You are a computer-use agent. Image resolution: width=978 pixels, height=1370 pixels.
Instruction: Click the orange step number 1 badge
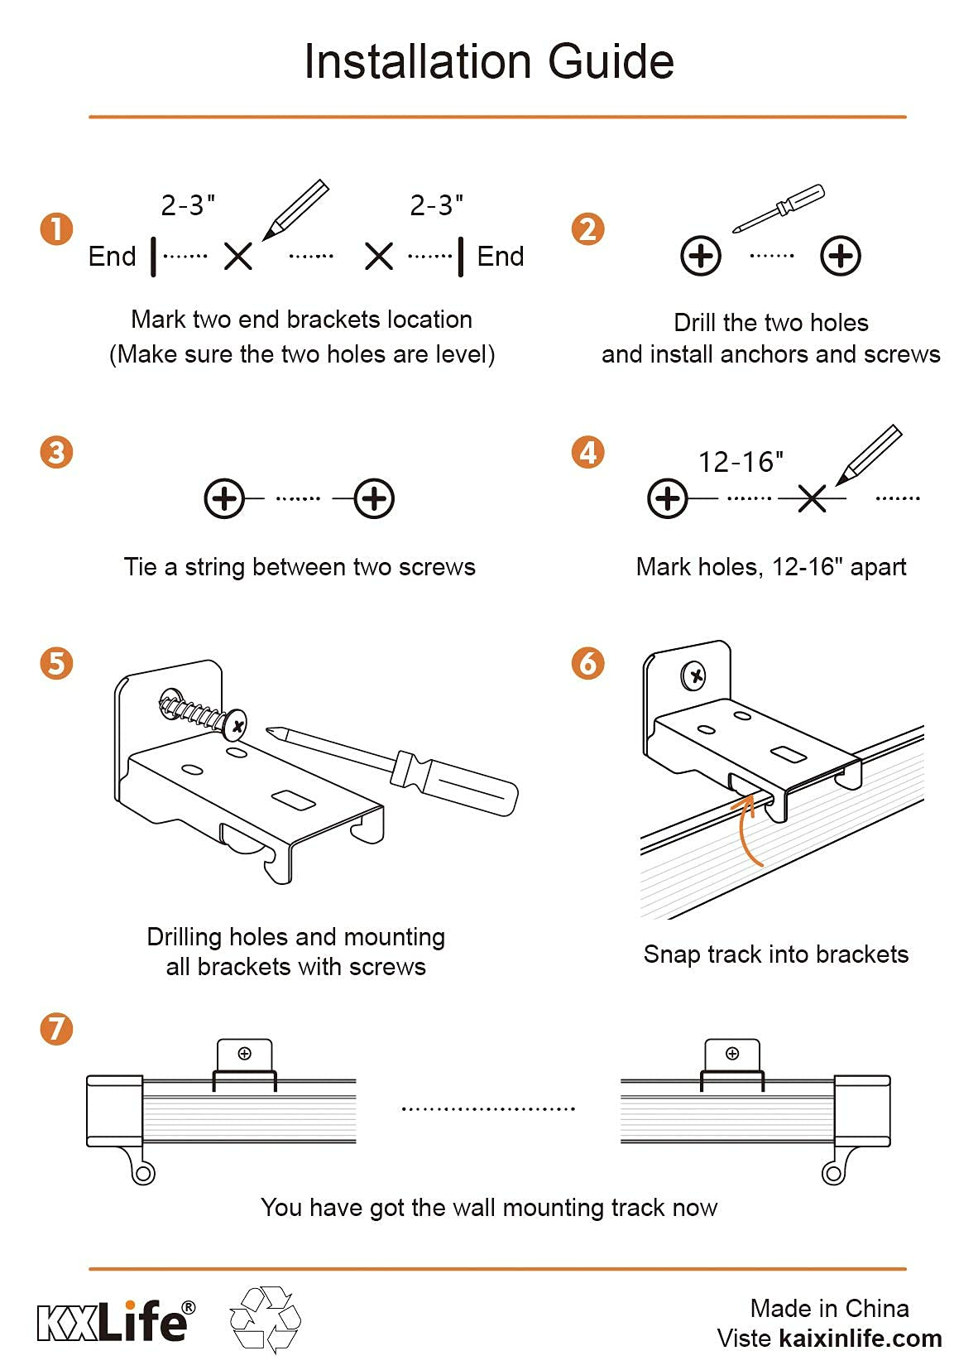coord(56,229)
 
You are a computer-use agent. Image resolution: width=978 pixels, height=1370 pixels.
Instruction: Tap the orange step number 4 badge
coord(587,452)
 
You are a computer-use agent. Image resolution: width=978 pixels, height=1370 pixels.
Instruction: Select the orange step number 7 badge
coord(56,1029)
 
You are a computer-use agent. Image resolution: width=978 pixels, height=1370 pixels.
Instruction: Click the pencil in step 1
coord(295,209)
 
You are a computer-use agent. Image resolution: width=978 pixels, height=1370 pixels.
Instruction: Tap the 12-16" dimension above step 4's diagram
coord(741,462)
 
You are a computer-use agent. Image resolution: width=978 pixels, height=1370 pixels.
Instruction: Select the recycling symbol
coord(265,1320)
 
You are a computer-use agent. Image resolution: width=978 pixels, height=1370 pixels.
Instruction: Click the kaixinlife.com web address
coord(861,1339)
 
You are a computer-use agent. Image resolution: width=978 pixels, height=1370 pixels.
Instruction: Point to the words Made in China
coord(829,1308)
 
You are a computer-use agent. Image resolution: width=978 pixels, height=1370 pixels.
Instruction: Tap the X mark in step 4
coord(812,498)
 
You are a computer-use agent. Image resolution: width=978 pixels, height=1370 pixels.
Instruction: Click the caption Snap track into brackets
coord(775,954)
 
